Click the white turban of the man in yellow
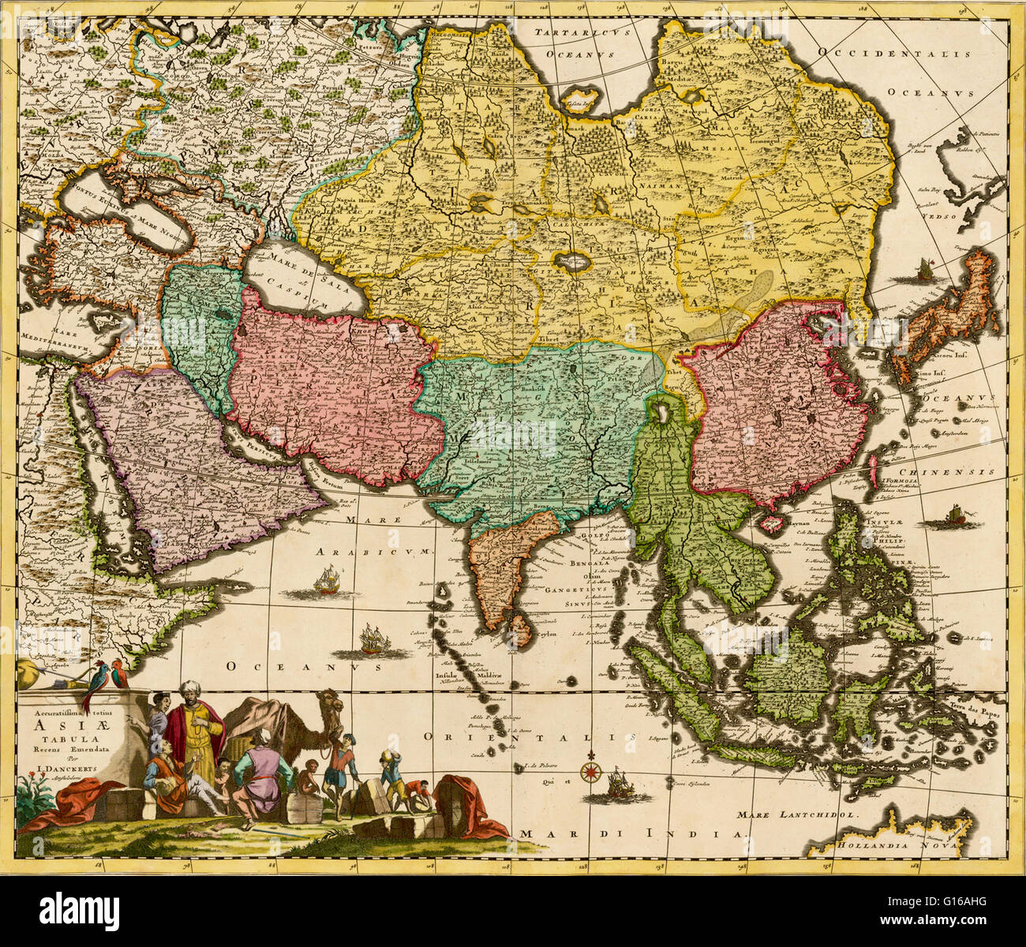pyautogui.click(x=189, y=689)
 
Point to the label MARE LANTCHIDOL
pyautogui.click(x=797, y=814)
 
